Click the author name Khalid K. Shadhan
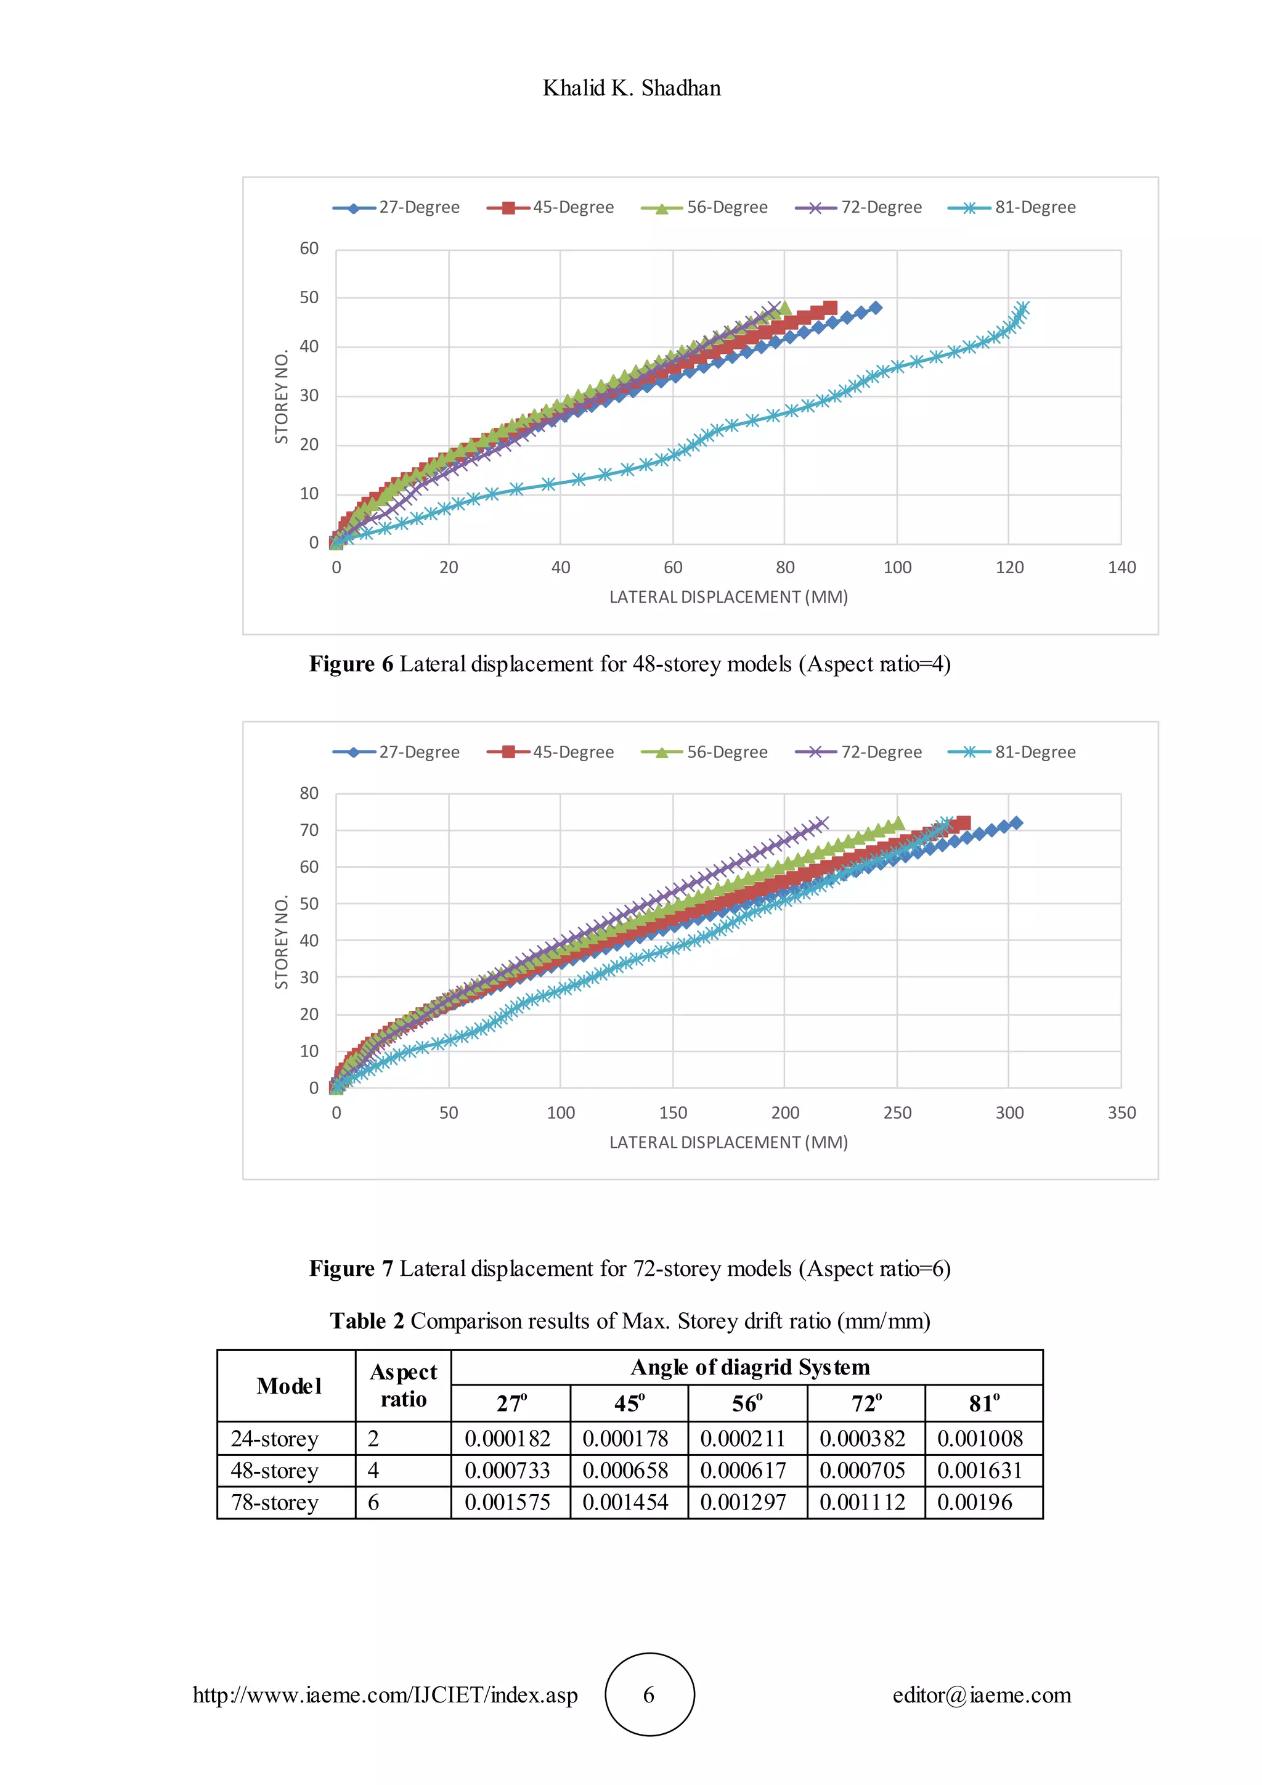coord(631,88)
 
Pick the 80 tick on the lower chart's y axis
coord(309,794)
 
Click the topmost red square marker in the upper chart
coord(830,307)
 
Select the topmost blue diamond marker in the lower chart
coord(1016,822)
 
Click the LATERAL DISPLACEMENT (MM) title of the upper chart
coord(728,597)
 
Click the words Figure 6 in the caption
coord(351,664)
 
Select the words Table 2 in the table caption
coord(367,1321)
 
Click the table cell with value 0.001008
coord(980,1438)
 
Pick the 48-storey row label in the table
coord(274,1470)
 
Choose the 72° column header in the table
coord(866,1403)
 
